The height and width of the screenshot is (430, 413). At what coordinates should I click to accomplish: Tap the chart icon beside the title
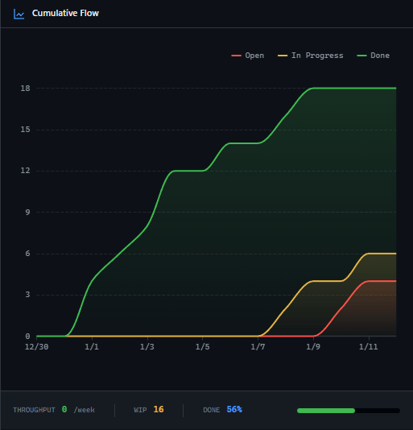pyautogui.click(x=19, y=14)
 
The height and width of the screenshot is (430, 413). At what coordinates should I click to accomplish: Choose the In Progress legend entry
pyautogui.click(x=311, y=56)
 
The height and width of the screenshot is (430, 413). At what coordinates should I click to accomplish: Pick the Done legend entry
pyautogui.click(x=374, y=56)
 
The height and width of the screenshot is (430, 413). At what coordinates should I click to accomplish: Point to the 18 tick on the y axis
pyautogui.click(x=26, y=88)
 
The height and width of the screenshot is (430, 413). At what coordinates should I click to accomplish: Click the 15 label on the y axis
pyautogui.click(x=26, y=130)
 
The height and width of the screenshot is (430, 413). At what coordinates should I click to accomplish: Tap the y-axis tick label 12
pyautogui.click(x=26, y=171)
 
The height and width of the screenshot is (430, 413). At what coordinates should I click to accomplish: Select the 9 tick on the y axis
pyautogui.click(x=28, y=213)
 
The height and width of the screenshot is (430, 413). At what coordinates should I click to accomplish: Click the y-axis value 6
pyautogui.click(x=28, y=254)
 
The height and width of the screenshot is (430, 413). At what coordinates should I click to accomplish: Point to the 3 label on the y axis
pyautogui.click(x=28, y=295)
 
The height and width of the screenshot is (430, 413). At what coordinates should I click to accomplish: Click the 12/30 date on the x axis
pyautogui.click(x=36, y=347)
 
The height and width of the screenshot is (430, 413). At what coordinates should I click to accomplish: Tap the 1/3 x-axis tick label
pyautogui.click(x=147, y=347)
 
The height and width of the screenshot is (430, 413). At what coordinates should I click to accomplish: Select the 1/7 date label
pyautogui.click(x=258, y=347)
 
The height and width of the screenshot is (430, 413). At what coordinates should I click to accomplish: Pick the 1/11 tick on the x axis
pyautogui.click(x=369, y=347)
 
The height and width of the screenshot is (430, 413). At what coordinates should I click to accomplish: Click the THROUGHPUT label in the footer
pyautogui.click(x=34, y=410)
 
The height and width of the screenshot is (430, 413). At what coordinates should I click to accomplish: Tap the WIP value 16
pyautogui.click(x=159, y=410)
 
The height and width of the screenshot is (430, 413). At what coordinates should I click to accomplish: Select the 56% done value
pyautogui.click(x=234, y=410)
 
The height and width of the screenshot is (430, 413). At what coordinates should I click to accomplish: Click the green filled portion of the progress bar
pyautogui.click(x=326, y=411)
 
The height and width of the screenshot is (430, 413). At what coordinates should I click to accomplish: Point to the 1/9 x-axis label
pyautogui.click(x=313, y=347)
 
